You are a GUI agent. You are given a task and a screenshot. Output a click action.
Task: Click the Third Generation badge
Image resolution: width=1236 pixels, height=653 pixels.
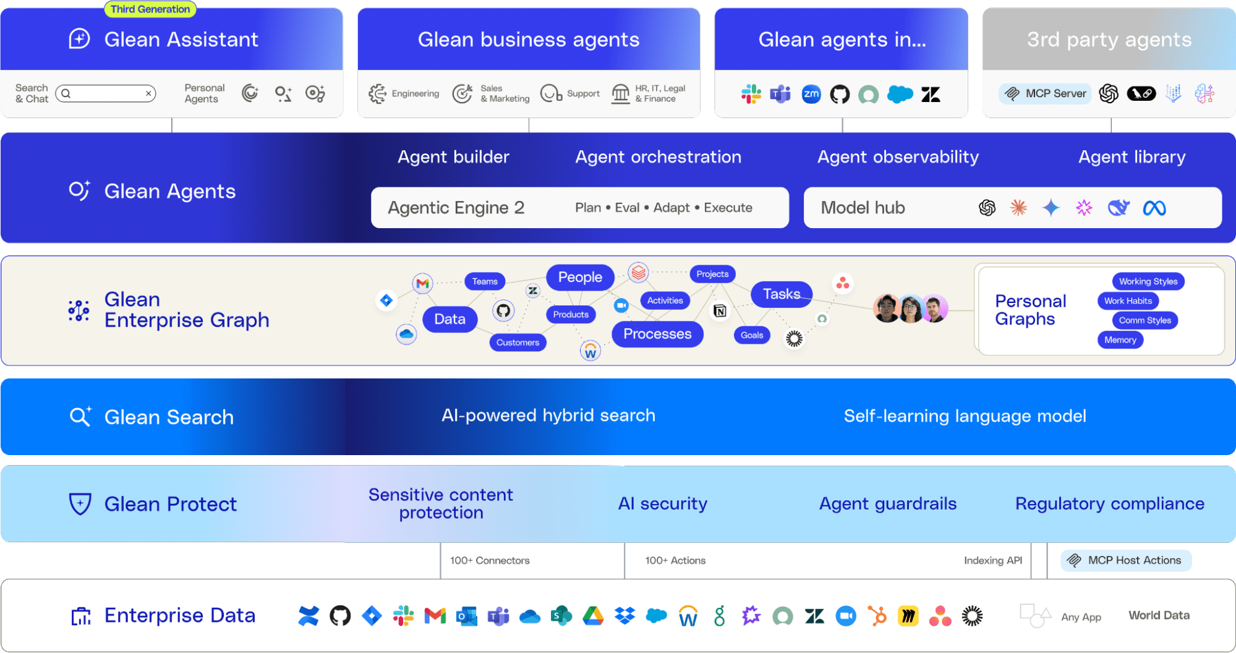click(150, 9)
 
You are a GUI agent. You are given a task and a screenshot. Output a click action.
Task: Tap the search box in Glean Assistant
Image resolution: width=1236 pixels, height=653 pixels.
click(106, 93)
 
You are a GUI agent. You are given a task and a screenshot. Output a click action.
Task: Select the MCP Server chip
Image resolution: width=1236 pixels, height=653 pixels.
click(1046, 93)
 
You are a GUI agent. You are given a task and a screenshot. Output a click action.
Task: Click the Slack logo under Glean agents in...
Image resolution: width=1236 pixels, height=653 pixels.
click(751, 94)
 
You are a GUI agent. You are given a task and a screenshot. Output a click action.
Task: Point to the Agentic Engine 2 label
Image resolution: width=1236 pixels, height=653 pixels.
click(456, 208)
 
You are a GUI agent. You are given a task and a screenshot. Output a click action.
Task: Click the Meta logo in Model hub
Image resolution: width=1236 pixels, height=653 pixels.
click(1154, 208)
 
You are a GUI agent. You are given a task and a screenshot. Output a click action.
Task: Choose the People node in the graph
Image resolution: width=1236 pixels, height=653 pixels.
click(579, 277)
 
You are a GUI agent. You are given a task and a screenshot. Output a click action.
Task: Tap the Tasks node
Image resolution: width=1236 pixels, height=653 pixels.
click(781, 294)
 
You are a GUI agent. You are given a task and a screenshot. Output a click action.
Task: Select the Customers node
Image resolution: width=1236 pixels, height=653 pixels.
click(518, 343)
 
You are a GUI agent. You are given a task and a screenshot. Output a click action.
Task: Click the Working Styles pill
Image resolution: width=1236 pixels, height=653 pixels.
click(1148, 281)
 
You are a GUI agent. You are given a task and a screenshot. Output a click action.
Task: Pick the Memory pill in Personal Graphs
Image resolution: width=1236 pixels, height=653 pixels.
click(1120, 339)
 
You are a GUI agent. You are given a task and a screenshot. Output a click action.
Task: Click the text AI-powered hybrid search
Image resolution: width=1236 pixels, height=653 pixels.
click(548, 416)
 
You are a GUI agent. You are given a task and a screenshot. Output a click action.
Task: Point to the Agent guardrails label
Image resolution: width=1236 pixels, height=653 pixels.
click(887, 504)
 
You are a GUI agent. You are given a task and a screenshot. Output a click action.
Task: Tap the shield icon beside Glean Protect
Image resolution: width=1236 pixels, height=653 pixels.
click(80, 504)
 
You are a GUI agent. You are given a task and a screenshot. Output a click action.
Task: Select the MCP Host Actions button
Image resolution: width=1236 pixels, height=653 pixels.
click(1126, 560)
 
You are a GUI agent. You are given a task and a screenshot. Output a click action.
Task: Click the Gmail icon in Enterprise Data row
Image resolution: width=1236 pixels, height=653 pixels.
click(435, 616)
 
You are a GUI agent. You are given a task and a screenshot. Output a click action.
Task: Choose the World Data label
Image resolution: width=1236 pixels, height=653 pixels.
click(1159, 615)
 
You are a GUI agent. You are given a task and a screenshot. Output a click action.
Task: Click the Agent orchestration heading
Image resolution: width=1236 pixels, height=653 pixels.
click(658, 157)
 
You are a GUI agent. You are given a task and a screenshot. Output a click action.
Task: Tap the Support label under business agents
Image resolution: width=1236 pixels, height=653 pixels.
click(583, 93)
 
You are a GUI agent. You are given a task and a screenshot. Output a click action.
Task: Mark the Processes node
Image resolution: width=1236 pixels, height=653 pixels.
click(657, 334)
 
